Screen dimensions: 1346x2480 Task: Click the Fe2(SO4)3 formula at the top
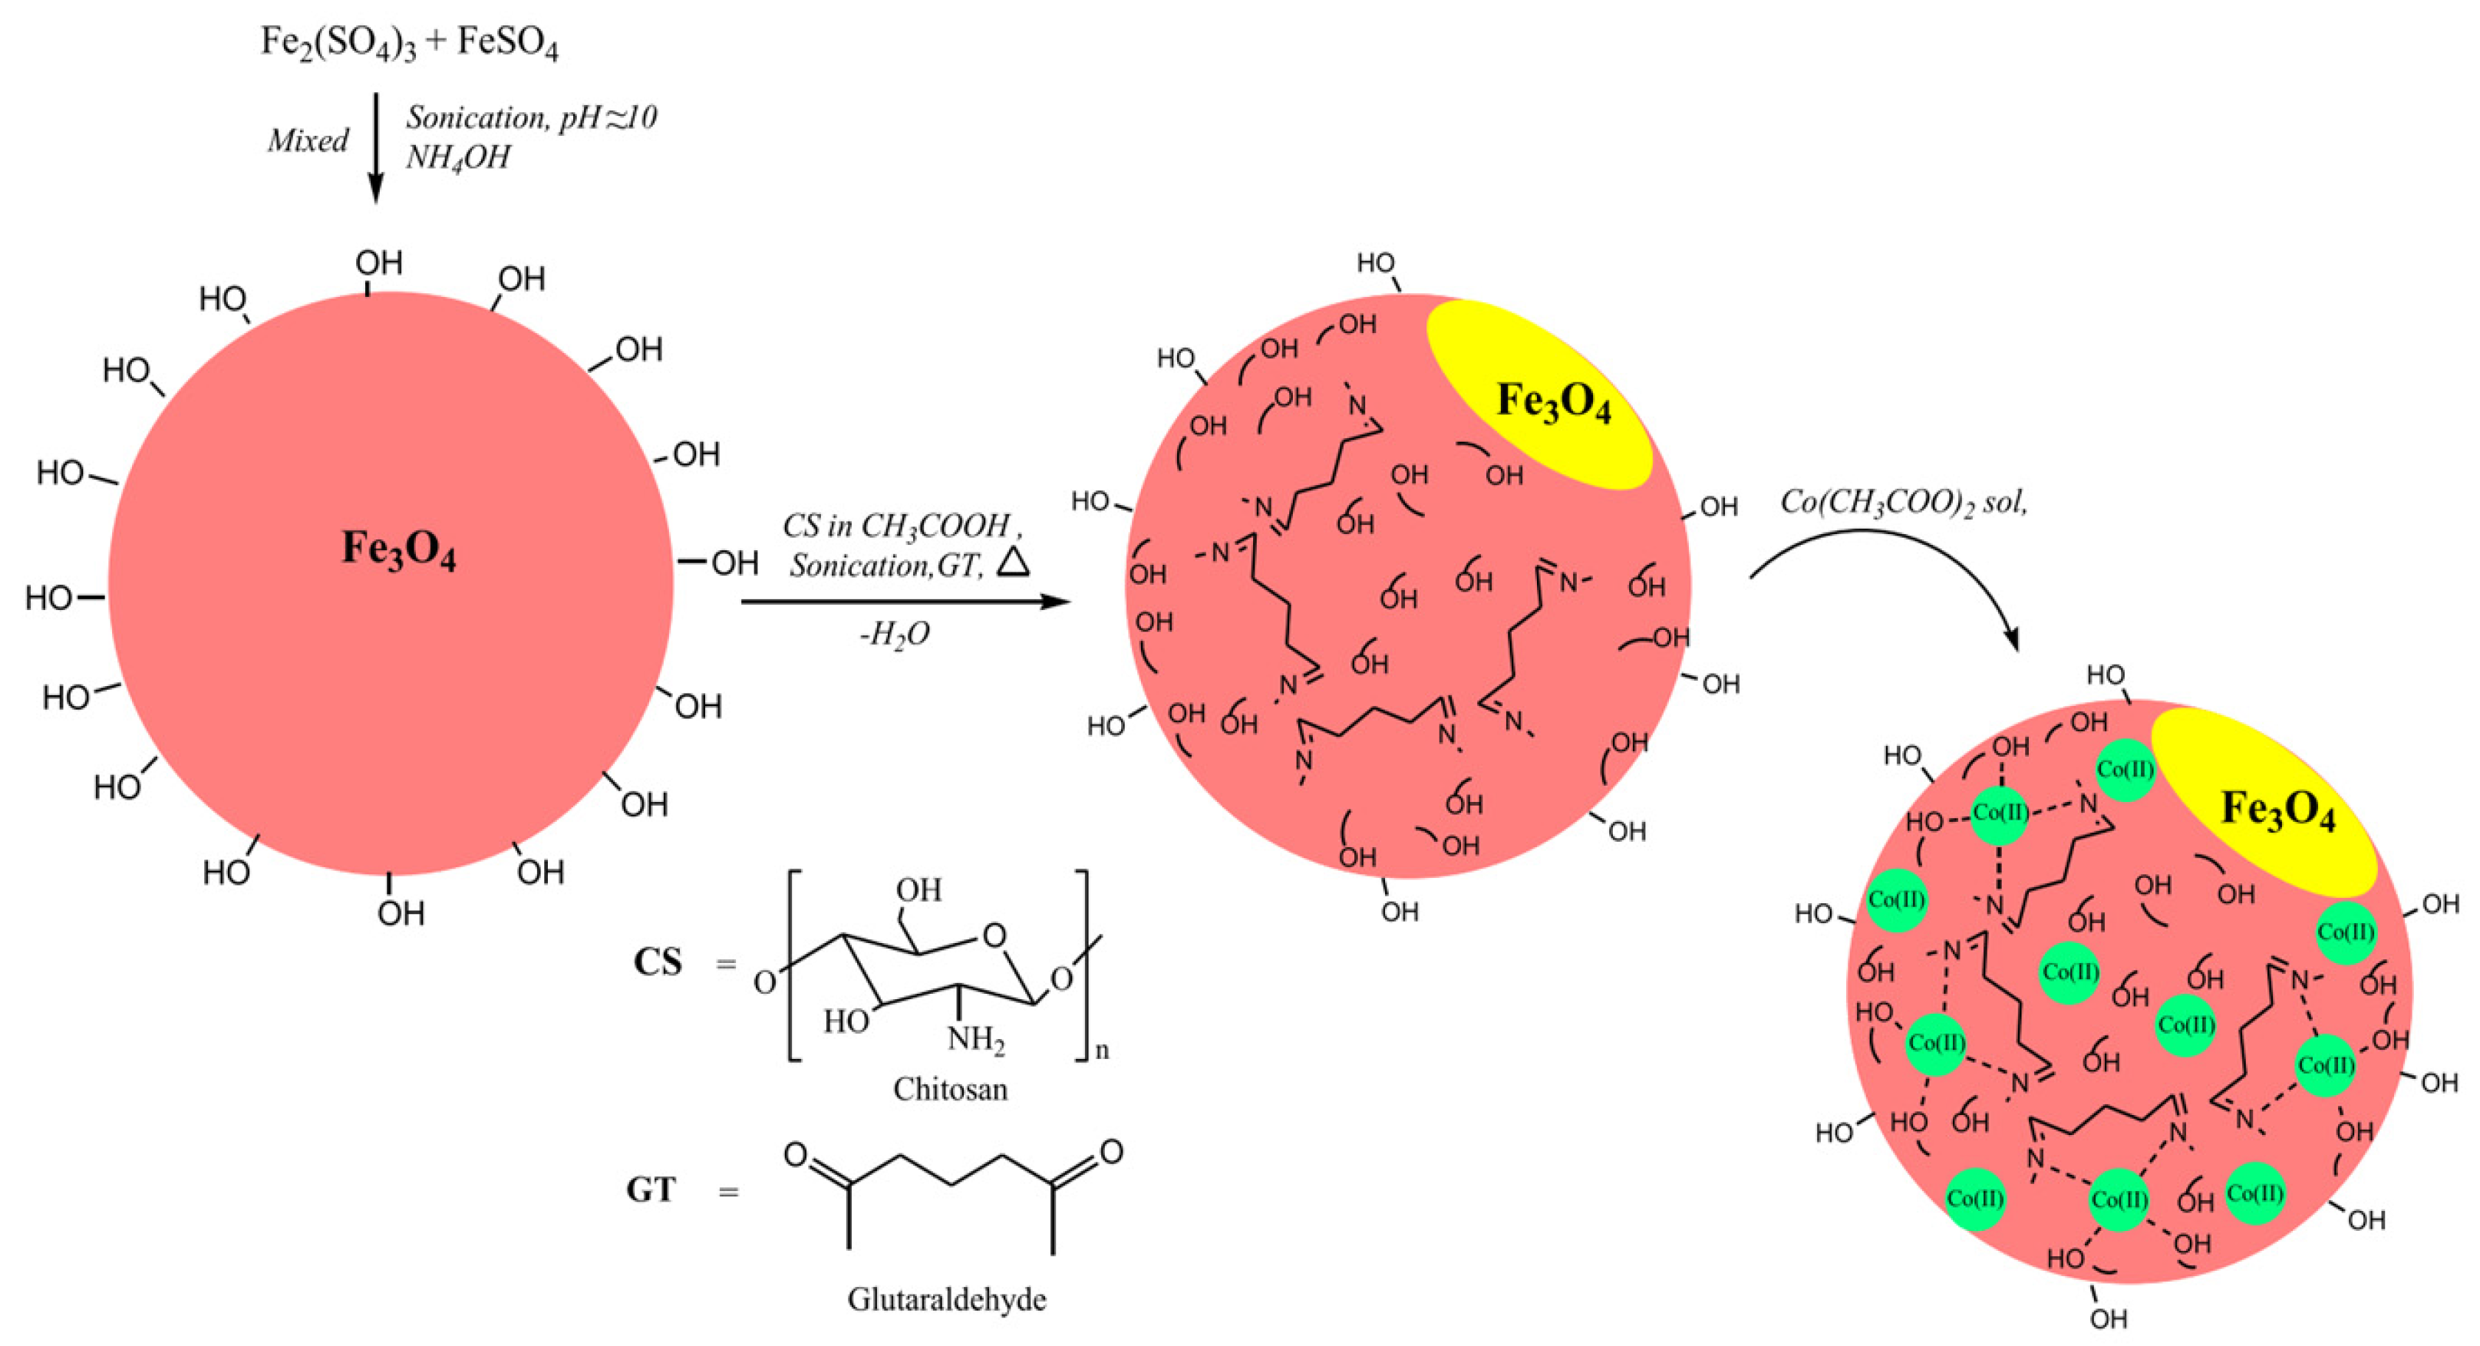[x=338, y=43]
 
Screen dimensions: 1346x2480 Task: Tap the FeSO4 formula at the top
[x=506, y=43]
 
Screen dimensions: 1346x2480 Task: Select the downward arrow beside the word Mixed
[x=377, y=149]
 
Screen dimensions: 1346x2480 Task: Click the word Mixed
[x=307, y=140]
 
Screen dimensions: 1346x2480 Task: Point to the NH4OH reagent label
[x=458, y=157]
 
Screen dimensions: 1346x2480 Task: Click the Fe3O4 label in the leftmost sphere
[x=398, y=549]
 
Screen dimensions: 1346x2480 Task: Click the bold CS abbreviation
[x=658, y=962]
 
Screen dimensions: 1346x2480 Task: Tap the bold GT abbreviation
[x=651, y=1191]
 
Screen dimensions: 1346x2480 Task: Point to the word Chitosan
[x=950, y=1089]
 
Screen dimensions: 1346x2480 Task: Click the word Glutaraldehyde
[x=946, y=1299]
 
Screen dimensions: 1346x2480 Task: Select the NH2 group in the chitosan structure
[x=975, y=1039]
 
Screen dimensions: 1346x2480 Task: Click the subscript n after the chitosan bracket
[x=1103, y=1050]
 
